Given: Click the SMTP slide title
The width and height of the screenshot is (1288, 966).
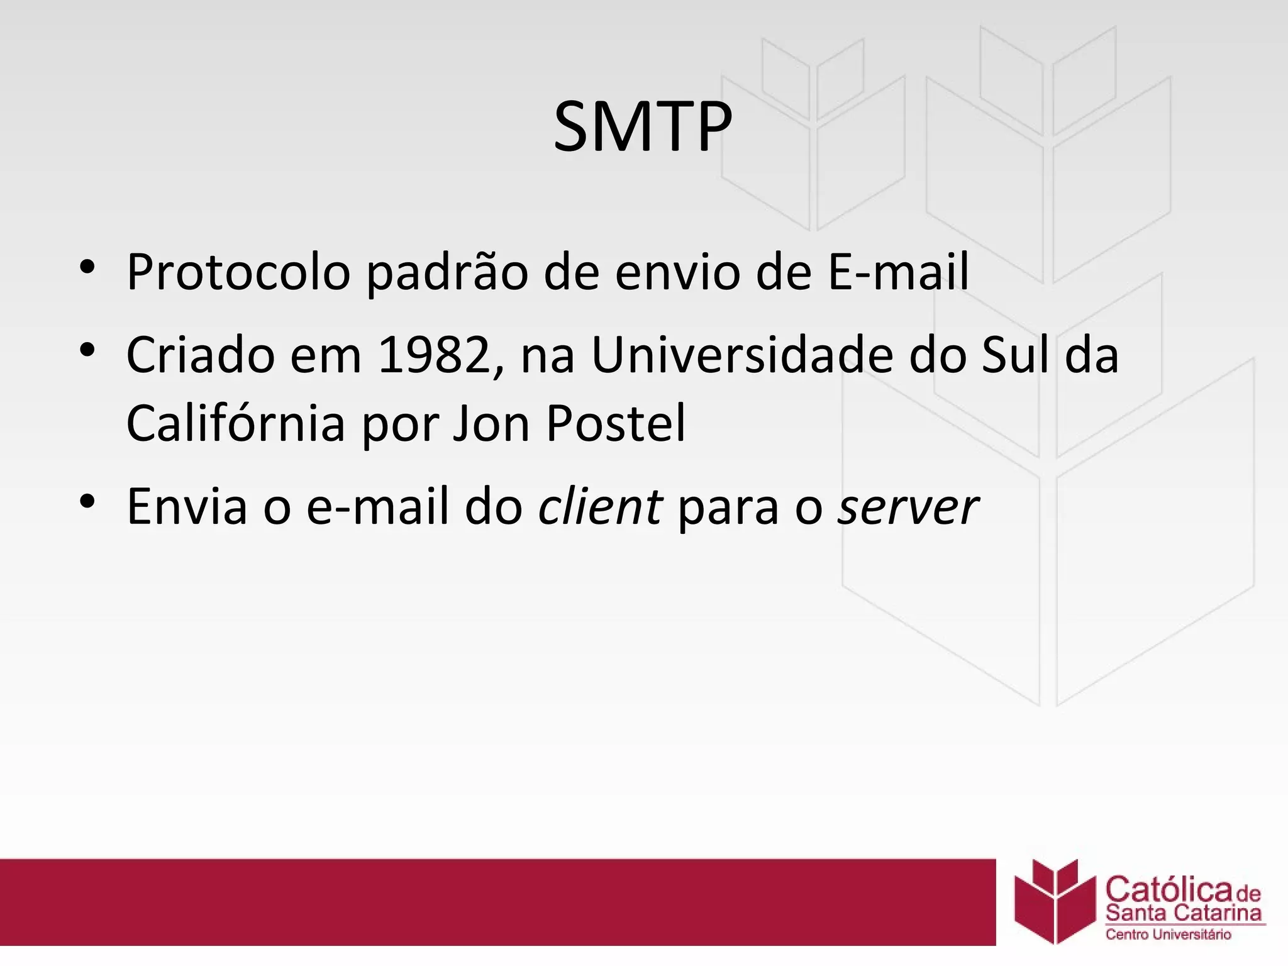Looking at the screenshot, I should [x=643, y=127].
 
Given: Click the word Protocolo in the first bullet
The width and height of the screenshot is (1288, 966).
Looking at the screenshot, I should [x=238, y=272].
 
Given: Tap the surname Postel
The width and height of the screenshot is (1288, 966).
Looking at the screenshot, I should [x=616, y=423].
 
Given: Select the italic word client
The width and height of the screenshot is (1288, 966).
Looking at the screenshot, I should [x=600, y=506].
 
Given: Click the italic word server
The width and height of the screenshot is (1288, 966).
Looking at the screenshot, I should [x=908, y=506].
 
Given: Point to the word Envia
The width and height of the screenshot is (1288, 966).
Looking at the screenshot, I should [x=187, y=506].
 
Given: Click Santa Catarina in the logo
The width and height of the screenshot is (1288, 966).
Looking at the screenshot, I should [x=1183, y=914].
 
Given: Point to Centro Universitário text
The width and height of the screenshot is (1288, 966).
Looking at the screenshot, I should [x=1168, y=935].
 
